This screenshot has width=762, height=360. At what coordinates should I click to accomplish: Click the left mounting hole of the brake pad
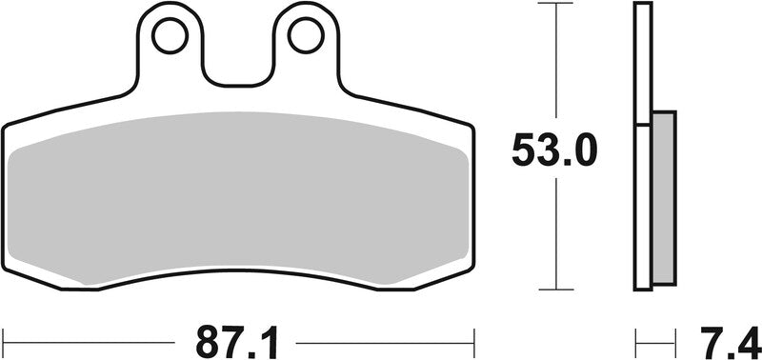[171, 35]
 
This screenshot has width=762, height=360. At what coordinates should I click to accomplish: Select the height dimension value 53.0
[554, 150]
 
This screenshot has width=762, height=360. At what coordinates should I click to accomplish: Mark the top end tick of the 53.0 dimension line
[554, 4]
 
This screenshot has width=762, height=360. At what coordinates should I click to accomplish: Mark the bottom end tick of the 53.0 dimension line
[554, 290]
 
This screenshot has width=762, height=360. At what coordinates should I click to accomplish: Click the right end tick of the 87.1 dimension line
[473, 338]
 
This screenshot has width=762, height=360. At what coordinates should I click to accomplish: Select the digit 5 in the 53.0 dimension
[528, 150]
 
